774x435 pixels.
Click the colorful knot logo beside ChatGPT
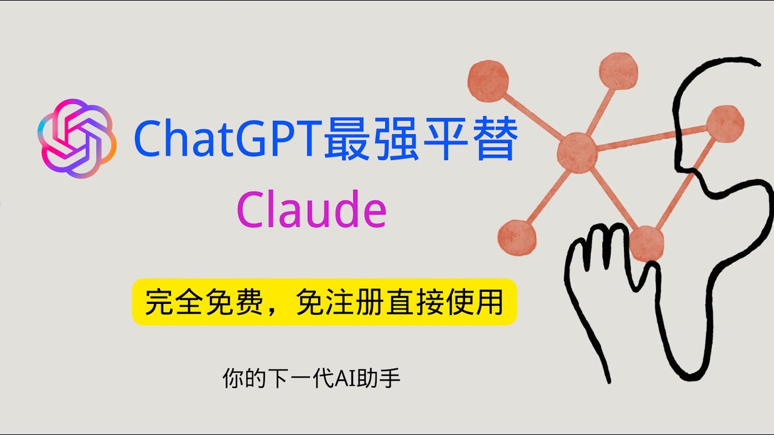click(x=76, y=138)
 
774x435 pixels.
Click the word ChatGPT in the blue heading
click(x=227, y=140)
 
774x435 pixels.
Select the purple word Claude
click(x=311, y=209)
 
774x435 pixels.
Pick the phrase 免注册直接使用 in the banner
click(x=400, y=301)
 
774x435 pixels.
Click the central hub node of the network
click(x=577, y=153)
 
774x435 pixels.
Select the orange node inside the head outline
click(x=725, y=123)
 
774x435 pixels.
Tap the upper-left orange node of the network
click(x=488, y=81)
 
